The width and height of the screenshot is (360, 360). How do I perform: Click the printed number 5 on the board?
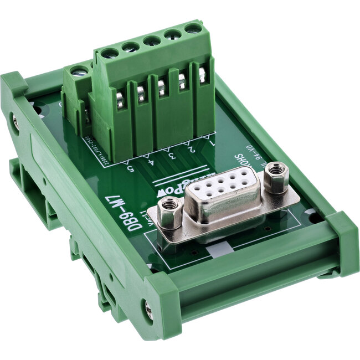(131, 169)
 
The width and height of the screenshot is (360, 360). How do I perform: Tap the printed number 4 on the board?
(151, 162)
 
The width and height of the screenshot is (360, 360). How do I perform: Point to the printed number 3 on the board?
(171, 156)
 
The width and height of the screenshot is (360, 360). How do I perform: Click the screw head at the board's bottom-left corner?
(148, 308)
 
